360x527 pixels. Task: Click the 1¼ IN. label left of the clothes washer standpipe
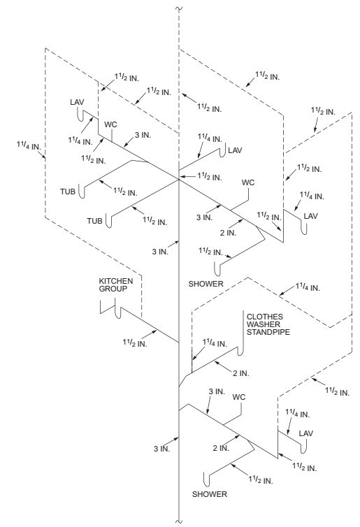(214, 342)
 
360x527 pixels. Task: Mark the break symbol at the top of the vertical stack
(180, 8)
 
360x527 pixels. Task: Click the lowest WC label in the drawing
(239, 397)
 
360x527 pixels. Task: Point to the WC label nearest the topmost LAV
(110, 124)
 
